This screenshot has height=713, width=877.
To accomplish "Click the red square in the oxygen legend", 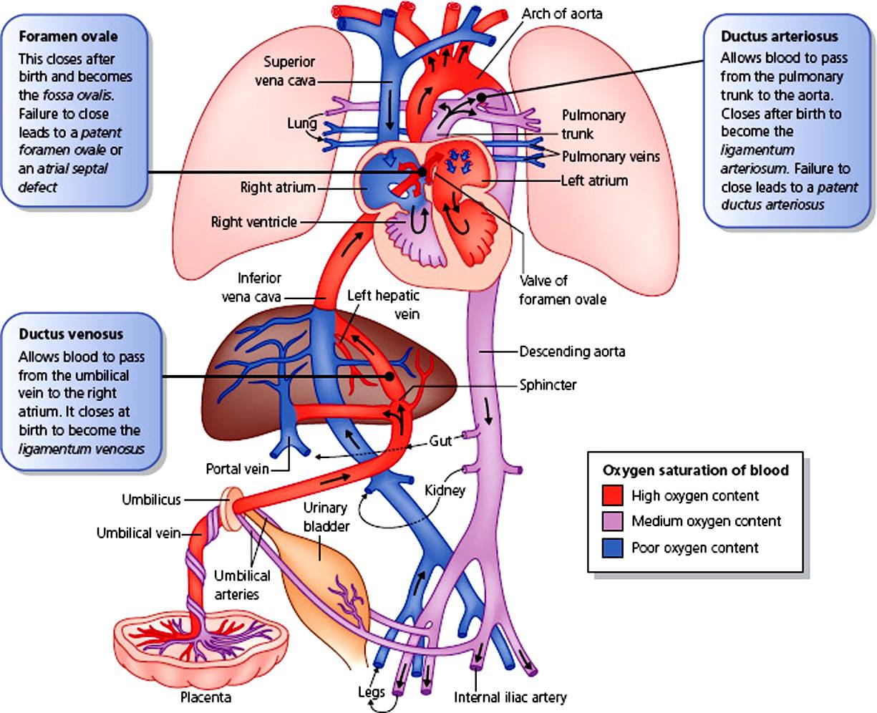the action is [x=612, y=495].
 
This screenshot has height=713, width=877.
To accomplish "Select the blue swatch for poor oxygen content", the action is [x=612, y=548].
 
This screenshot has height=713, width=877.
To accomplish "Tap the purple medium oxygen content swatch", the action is [x=612, y=521].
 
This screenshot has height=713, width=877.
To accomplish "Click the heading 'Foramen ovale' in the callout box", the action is [x=68, y=37].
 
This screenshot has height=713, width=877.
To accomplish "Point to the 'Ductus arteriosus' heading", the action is [x=780, y=37].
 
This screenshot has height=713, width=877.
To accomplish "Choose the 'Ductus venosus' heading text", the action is [x=71, y=334].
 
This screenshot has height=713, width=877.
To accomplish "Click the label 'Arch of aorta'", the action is [x=562, y=14].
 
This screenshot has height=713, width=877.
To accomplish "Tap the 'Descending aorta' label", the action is [x=572, y=351].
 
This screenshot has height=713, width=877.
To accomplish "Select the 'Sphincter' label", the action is [x=548, y=385].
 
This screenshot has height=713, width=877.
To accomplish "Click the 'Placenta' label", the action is [x=206, y=697].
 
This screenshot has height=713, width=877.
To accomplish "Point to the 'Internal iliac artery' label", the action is [x=510, y=697].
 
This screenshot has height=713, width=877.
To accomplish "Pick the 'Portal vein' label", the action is [x=237, y=469].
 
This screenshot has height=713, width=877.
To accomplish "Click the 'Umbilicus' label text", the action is [x=151, y=500].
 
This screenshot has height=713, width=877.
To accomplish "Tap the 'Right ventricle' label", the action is [x=253, y=223].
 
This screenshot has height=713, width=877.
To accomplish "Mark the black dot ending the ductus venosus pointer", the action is [x=389, y=377].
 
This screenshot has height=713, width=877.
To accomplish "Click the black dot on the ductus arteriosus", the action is [x=481, y=97].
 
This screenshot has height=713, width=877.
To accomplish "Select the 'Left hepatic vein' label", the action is [x=383, y=305].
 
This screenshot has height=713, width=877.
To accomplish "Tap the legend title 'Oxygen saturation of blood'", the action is [x=695, y=470].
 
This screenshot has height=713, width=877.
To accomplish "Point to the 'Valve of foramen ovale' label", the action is [x=563, y=290].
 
